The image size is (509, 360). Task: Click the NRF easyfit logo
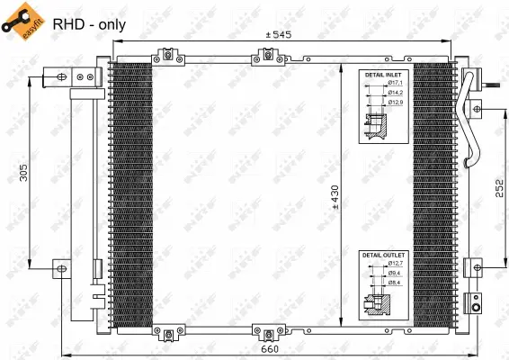24,22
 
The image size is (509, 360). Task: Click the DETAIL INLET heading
384,74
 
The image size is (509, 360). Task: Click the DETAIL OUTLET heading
384,256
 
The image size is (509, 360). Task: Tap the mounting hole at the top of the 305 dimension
61,78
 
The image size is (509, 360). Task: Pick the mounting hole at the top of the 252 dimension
477,110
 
